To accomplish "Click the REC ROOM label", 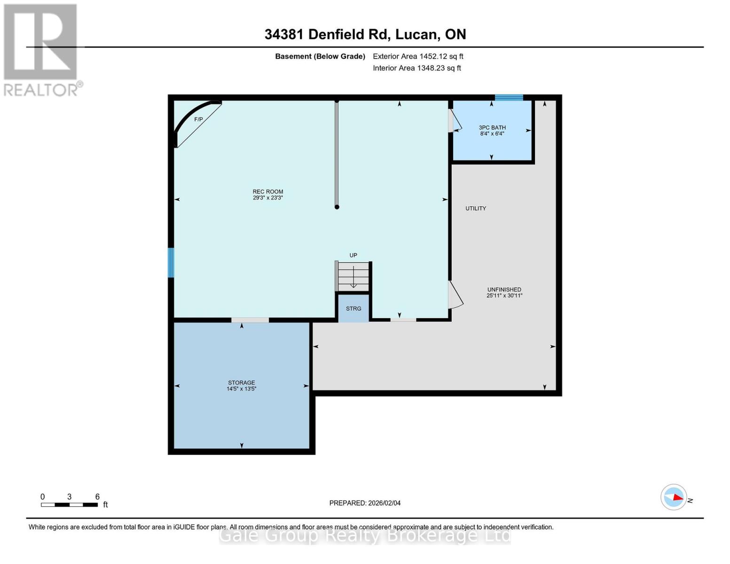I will pyautogui.click(x=268, y=195).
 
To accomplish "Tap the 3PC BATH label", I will pyautogui.click(x=492, y=130).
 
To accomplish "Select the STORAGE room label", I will pyautogui.click(x=242, y=385).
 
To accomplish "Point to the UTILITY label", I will pyautogui.click(x=476, y=208).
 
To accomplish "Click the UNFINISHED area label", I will pyautogui.click(x=504, y=292).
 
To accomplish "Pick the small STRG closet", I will pyautogui.click(x=353, y=308).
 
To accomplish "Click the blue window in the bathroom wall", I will pyautogui.click(x=509, y=97).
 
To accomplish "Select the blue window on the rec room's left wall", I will pyautogui.click(x=171, y=262).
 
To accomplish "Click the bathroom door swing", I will pyautogui.click(x=455, y=121).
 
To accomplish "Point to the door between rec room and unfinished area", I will pyautogui.click(x=455, y=295).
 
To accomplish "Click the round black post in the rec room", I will pyautogui.click(x=337, y=207).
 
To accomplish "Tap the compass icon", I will pyautogui.click(x=674, y=497).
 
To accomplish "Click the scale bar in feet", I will pyautogui.click(x=69, y=504).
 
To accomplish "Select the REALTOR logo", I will pyautogui.click(x=41, y=50).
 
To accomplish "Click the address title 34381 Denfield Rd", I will pyautogui.click(x=365, y=34).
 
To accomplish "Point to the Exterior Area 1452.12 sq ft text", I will pyautogui.click(x=418, y=56).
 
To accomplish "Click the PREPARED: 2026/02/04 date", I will pyautogui.click(x=365, y=503).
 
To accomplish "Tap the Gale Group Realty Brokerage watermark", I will pyautogui.click(x=365, y=535).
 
